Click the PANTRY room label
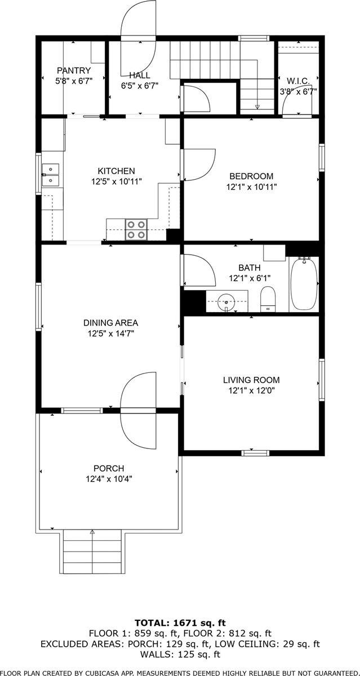[x=73, y=70]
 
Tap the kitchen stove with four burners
[x=136, y=230]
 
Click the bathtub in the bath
[x=304, y=284]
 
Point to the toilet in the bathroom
[x=268, y=298]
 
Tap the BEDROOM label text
[x=251, y=176]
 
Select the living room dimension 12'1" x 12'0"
[x=251, y=390]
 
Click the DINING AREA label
[x=110, y=323]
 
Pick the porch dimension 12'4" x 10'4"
[x=109, y=479]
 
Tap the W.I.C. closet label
[x=298, y=80]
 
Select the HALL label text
[x=139, y=75]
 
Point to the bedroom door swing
[x=197, y=164]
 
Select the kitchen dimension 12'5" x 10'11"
[x=116, y=181]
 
